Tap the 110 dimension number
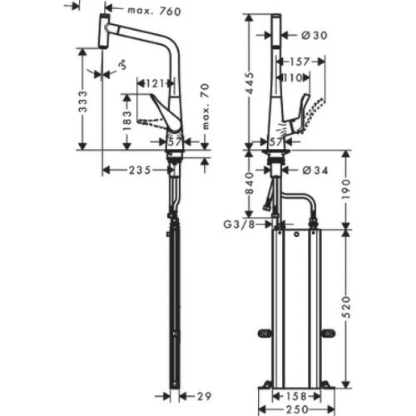pyautogui.click(x=294, y=77)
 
